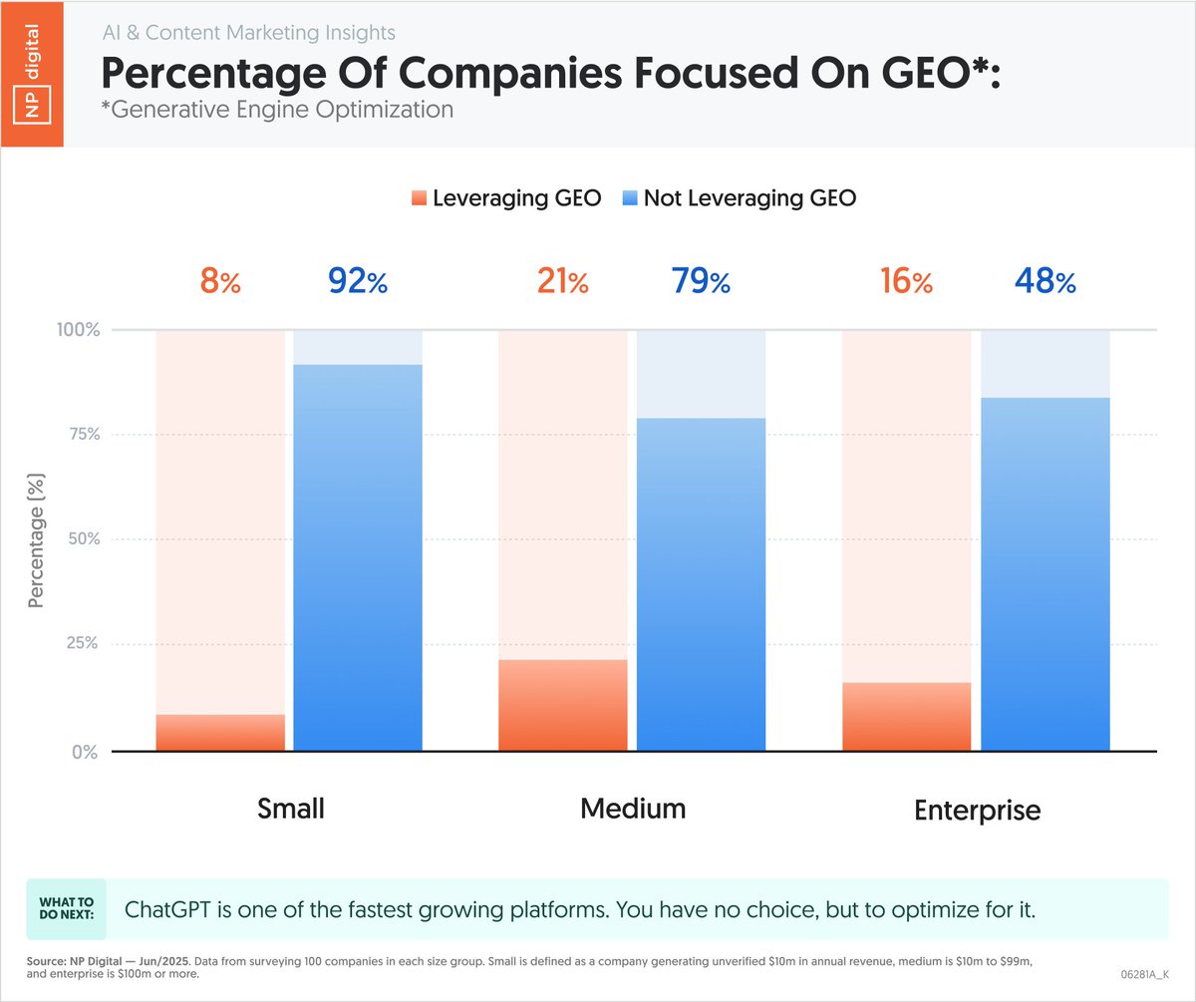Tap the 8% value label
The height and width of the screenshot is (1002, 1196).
point(220,283)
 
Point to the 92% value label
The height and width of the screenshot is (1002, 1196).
point(358,283)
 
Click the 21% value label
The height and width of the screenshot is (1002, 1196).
point(563,283)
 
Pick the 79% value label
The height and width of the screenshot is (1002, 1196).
point(701,283)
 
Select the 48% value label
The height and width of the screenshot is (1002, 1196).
point(1046,283)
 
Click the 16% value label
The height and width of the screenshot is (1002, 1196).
point(906,283)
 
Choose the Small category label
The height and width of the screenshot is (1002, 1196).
point(290,808)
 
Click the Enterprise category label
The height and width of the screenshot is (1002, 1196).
point(977,810)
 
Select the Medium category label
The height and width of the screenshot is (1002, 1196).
point(633,808)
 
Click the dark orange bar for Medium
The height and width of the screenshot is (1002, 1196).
point(563,705)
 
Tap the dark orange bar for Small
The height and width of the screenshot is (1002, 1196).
point(220,733)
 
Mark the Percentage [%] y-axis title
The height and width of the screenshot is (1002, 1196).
point(37,540)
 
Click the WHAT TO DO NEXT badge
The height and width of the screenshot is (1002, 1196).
point(65,909)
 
